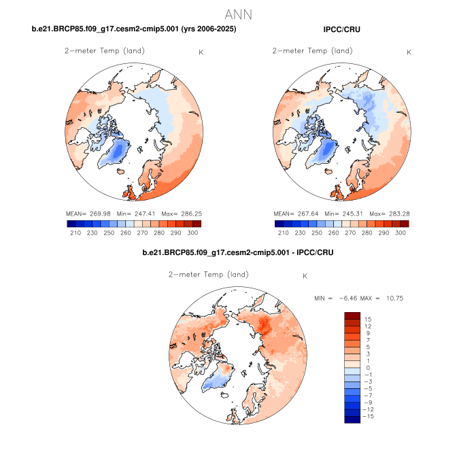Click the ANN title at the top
click(x=238, y=14)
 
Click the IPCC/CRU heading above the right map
click(x=342, y=30)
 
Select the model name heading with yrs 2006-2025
click(x=134, y=30)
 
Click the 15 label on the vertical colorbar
click(x=368, y=319)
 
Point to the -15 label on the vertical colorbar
click(x=367, y=417)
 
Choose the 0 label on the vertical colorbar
click(x=368, y=368)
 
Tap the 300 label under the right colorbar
click(x=400, y=233)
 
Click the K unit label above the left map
click(x=200, y=52)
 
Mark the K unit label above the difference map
click(x=305, y=277)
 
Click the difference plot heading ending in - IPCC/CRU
click(x=237, y=252)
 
